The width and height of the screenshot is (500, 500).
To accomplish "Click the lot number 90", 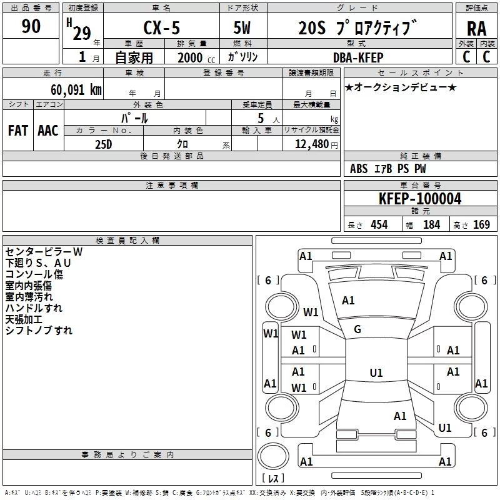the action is [31, 26].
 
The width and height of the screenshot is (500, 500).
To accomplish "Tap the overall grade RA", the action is [476, 28].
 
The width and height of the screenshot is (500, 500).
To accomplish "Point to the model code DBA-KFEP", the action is [359, 57].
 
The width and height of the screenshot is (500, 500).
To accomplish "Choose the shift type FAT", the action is [17, 130].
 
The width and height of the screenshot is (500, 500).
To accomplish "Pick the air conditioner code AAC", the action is [48, 130].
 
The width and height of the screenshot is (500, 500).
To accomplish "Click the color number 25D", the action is [103, 143].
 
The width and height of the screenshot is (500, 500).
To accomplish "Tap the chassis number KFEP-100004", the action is [420, 199].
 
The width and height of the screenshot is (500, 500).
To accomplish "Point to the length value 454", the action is [379, 225].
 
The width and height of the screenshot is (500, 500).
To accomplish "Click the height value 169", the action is [481, 225].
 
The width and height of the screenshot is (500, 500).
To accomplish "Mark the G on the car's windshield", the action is [357, 329].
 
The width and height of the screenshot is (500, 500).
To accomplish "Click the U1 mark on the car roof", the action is [376, 373].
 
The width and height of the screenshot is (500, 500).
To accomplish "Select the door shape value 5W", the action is [243, 28].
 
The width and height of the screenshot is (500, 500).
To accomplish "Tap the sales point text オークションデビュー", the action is [401, 87].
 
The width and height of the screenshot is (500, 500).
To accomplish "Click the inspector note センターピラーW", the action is [44, 252].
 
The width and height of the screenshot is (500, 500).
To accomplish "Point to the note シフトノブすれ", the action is [39, 331].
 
